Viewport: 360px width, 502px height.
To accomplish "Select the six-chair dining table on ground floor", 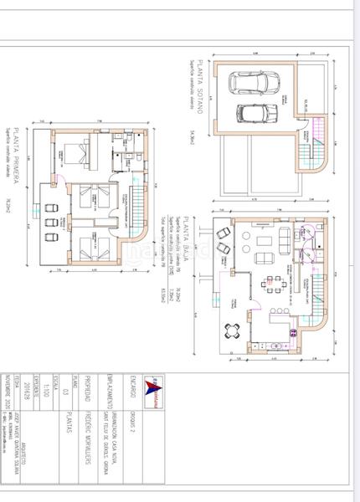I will click(x=272, y=281).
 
